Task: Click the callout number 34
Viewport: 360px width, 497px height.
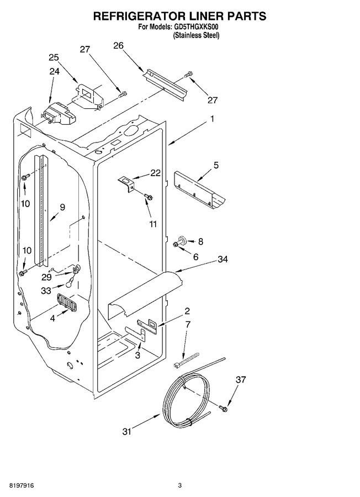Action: point(223,260)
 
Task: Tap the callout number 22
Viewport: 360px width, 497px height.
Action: point(156,173)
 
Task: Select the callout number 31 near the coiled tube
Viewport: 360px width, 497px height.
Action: point(127,431)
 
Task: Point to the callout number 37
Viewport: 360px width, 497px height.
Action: point(241,379)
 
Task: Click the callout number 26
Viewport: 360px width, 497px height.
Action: point(119,45)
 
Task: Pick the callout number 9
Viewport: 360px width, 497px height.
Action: point(62,207)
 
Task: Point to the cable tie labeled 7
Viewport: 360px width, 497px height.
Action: point(186,361)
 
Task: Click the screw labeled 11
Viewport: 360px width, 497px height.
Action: point(148,196)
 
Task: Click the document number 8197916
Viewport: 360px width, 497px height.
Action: point(22,485)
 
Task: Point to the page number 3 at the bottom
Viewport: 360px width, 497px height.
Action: point(179,485)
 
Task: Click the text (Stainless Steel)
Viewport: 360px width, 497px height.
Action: point(196,35)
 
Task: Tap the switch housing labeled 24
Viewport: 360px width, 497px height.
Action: point(59,113)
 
